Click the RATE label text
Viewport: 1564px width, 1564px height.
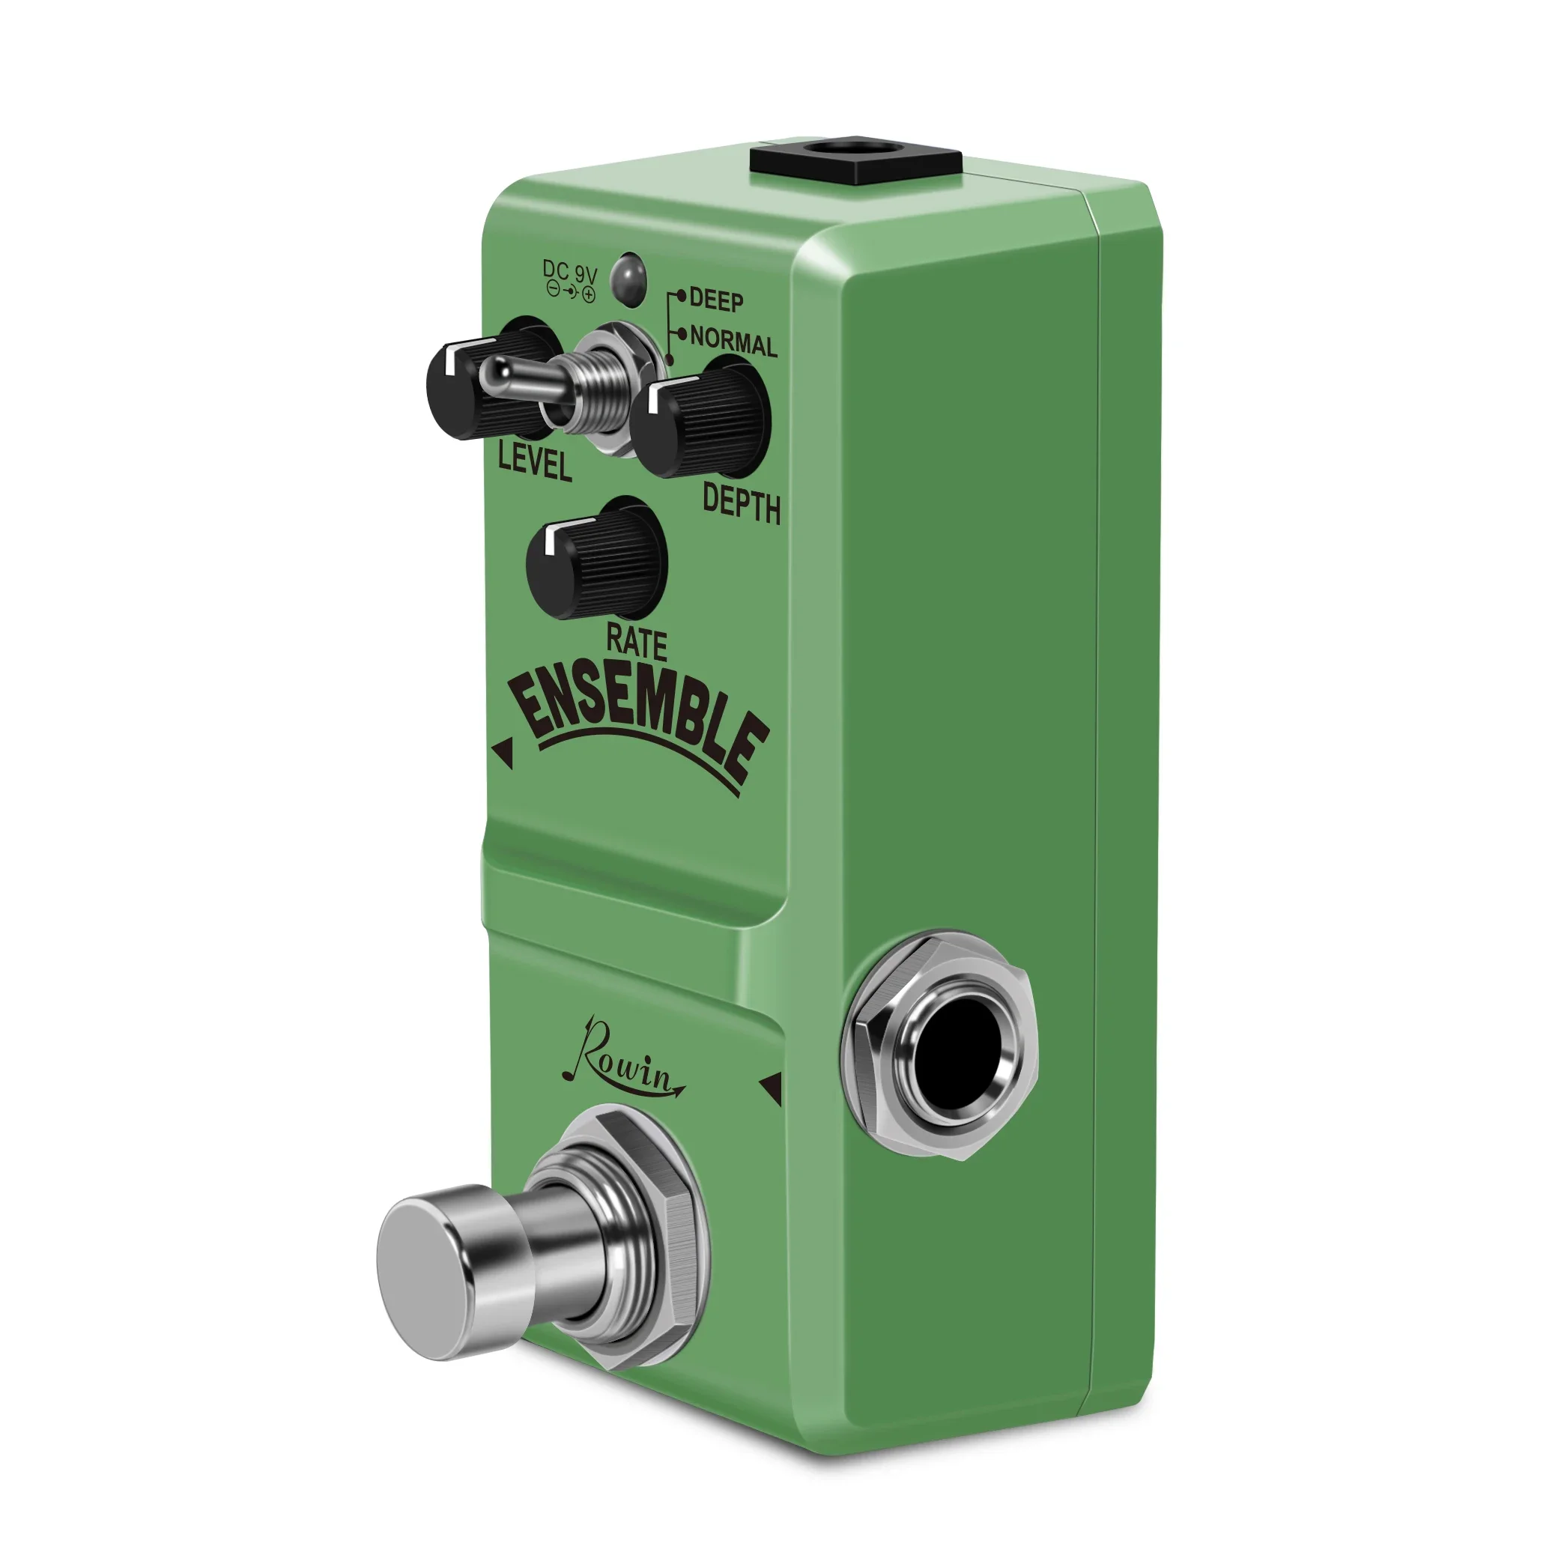636,643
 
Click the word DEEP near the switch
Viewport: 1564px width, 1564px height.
715,300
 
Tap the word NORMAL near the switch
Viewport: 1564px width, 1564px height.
733,341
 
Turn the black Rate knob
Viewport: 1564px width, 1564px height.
595,559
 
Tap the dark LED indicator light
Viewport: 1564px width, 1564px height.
628,279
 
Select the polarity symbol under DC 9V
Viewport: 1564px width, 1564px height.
571,292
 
